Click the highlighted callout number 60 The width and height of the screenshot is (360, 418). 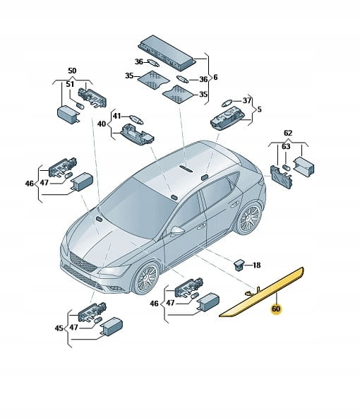[276, 309]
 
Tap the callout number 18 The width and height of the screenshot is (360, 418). [256, 265]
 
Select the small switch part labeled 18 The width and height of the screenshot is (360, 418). [238, 265]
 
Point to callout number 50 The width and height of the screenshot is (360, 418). [72, 71]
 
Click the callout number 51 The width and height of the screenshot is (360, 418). [70, 84]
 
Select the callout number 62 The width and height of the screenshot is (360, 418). [288, 133]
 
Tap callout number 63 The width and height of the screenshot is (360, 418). [286, 146]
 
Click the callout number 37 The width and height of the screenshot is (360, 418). [247, 100]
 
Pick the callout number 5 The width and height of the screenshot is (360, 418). [260, 109]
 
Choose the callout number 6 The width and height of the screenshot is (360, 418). [215, 77]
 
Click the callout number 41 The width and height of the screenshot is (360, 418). [116, 117]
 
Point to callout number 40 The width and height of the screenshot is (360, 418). [102, 124]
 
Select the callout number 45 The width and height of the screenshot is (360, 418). [59, 328]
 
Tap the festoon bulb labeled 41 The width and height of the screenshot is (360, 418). [136, 119]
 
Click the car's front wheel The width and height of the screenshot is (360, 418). [145, 278]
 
